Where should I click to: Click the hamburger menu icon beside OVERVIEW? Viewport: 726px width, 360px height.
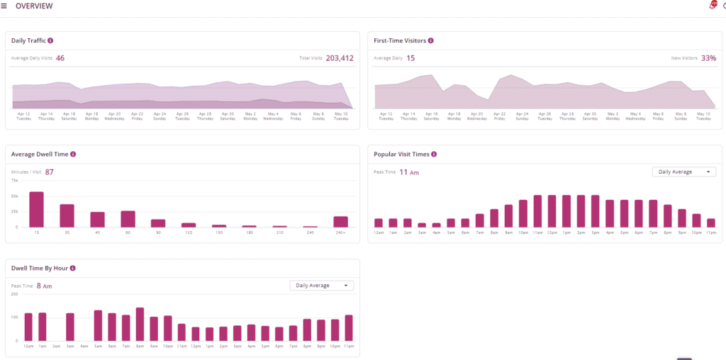coord(4,6)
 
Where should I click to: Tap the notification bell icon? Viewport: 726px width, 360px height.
coord(712,6)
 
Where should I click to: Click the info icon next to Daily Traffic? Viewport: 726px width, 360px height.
coord(50,40)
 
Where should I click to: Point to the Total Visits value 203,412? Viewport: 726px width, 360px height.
coord(340,58)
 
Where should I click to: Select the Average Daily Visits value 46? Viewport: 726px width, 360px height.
coord(60,58)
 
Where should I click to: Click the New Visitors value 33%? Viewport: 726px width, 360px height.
coord(708,58)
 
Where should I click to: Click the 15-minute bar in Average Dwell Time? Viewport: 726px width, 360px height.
coord(36,209)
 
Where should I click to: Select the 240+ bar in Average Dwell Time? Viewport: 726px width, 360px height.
coord(341,221)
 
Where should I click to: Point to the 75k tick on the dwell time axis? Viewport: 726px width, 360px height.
coord(14,180)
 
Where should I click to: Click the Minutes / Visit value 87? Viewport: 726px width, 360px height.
coord(50,171)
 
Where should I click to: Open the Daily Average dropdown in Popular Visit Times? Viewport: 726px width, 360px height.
coord(683,171)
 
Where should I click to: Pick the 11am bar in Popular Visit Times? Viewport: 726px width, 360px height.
coord(538,211)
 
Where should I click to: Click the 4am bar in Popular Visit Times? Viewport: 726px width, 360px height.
coord(437,225)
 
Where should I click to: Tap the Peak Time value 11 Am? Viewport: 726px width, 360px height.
coord(409,171)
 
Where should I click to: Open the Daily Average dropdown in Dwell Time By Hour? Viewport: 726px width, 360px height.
coord(321,286)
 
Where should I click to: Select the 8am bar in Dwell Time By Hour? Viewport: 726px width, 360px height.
coord(140,324)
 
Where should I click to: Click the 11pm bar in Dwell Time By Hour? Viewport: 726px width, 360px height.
coord(349,327)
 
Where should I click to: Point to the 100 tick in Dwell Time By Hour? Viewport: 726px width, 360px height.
coord(14,317)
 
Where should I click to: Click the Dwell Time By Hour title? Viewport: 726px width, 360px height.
coord(39,268)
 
